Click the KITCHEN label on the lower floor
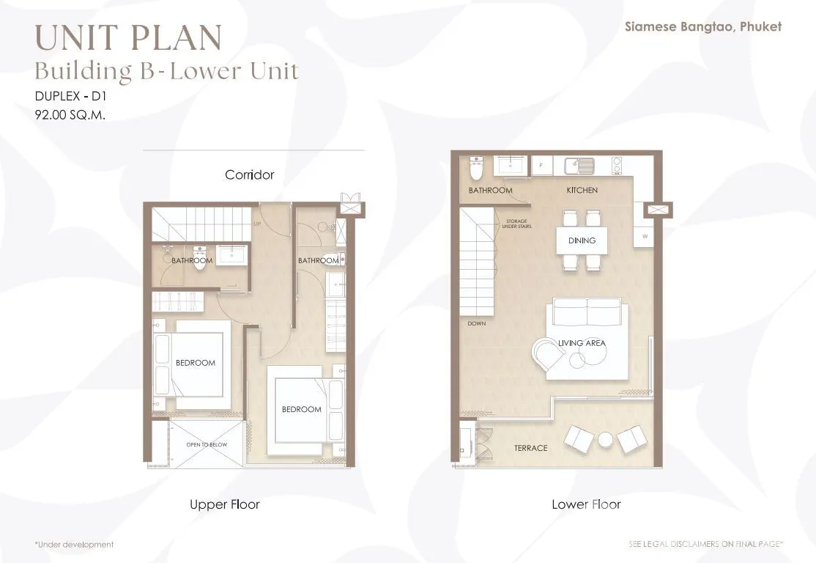pyautogui.click(x=582, y=190)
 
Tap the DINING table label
pyautogui.click(x=582, y=240)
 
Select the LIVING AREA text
pyautogui.click(x=582, y=343)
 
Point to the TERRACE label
pyautogui.click(x=531, y=448)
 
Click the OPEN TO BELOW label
pyautogui.click(x=207, y=445)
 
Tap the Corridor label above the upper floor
pyautogui.click(x=249, y=174)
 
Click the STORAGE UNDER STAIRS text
pyautogui.click(x=516, y=224)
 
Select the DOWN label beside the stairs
pyautogui.click(x=477, y=323)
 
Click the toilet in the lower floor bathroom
pyautogui.click(x=476, y=167)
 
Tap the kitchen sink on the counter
pyautogui.click(x=579, y=166)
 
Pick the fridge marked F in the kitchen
pyautogui.click(x=542, y=166)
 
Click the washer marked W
pyautogui.click(x=645, y=237)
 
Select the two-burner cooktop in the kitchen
pyautogui.click(x=616, y=165)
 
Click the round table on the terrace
pyautogui.click(x=606, y=440)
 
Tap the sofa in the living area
pyautogui.click(x=587, y=312)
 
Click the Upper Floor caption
pyautogui.click(x=224, y=504)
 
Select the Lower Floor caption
pyautogui.click(x=586, y=504)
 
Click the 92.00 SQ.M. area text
pyautogui.click(x=70, y=114)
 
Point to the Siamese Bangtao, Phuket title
pyautogui.click(x=703, y=27)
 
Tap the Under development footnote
pyautogui.click(x=74, y=545)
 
